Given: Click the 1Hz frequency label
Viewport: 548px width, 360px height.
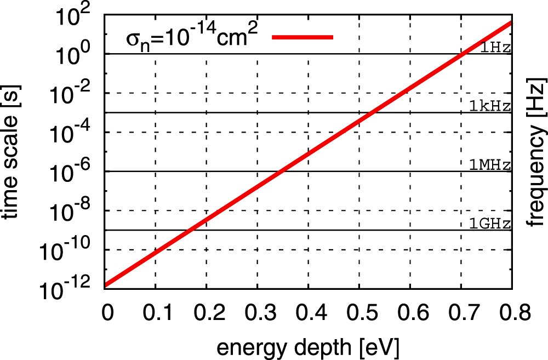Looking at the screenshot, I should click(x=495, y=47).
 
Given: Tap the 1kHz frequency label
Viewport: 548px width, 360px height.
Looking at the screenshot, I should click(x=490, y=106).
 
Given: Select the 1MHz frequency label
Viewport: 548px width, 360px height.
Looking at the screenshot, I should click(x=490, y=164).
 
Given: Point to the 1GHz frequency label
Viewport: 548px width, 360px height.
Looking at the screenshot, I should click(x=490, y=223).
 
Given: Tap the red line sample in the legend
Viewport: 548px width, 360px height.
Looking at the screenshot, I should click(x=302, y=37).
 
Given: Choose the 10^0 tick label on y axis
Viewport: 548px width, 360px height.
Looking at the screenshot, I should click(x=75, y=54).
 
